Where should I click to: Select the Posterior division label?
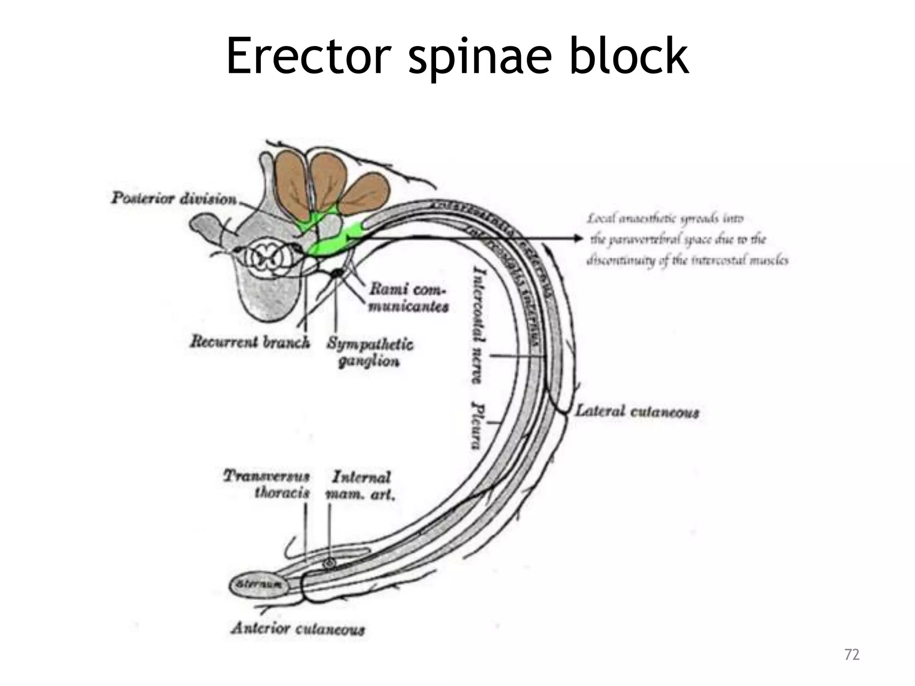174,198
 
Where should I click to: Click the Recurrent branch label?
250,342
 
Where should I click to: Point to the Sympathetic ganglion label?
369,352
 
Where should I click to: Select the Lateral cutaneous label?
636,412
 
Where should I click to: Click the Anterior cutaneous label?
298,629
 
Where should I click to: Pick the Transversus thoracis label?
267,485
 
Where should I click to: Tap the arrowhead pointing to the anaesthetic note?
579,238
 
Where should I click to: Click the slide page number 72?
852,655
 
